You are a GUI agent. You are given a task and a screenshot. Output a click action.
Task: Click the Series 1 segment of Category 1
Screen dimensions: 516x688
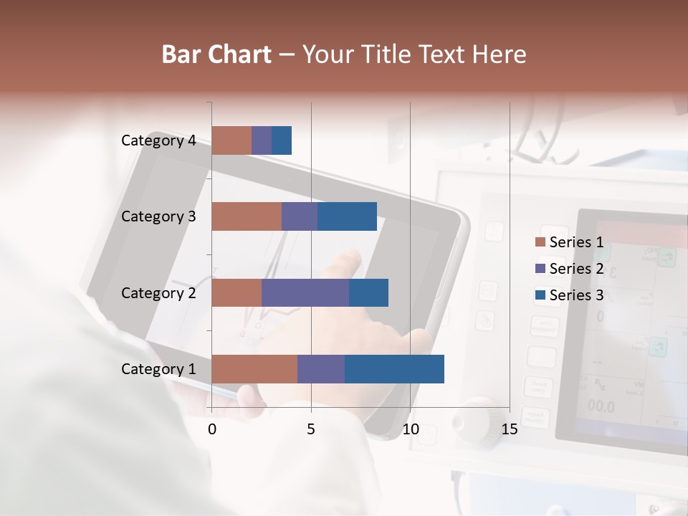pyautogui.click(x=254, y=369)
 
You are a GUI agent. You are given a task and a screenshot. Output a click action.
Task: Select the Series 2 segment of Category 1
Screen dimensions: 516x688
pyautogui.click(x=321, y=369)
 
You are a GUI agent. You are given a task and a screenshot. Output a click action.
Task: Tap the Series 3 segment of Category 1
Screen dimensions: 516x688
pyautogui.click(x=394, y=369)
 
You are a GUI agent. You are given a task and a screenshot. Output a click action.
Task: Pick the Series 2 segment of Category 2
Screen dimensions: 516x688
pyautogui.click(x=305, y=292)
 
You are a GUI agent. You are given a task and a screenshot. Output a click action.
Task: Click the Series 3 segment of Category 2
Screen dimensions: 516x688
pyautogui.click(x=368, y=292)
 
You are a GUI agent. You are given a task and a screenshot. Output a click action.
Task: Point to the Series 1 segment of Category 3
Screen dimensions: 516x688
pyautogui.click(x=247, y=216)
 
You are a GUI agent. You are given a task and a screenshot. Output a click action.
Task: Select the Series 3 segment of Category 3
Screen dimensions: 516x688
pyautogui.click(x=347, y=216)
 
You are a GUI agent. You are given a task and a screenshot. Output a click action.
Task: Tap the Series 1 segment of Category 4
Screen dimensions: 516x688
pyautogui.click(x=231, y=140)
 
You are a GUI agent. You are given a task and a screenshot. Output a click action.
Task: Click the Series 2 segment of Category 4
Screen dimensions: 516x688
pyautogui.click(x=262, y=140)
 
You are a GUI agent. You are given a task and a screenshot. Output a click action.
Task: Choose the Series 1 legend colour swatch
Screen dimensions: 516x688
pyautogui.click(x=540, y=242)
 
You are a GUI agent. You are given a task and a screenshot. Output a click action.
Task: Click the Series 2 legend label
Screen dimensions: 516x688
pyautogui.click(x=576, y=269)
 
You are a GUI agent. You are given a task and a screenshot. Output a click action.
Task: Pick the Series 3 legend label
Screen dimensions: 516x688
pyautogui.click(x=576, y=295)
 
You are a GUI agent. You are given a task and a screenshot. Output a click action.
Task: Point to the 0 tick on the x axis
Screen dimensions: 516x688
pyautogui.click(x=212, y=429)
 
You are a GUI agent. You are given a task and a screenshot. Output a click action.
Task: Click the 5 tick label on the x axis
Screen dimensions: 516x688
pyautogui.click(x=311, y=429)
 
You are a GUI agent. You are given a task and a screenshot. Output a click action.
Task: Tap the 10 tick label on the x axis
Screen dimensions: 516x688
pyautogui.click(x=410, y=429)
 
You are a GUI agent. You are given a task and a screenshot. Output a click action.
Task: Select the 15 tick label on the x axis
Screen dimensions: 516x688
pyautogui.click(x=509, y=429)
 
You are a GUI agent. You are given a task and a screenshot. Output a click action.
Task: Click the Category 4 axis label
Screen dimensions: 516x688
pyautogui.click(x=158, y=140)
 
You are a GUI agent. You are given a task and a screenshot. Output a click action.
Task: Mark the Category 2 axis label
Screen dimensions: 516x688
pyautogui.click(x=158, y=292)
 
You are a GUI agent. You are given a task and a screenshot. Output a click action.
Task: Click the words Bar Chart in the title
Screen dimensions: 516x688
pyautogui.click(x=216, y=54)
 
